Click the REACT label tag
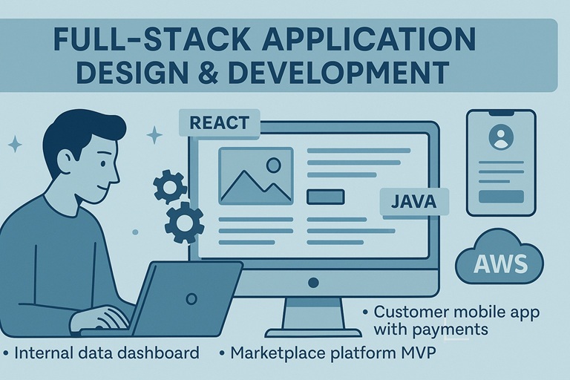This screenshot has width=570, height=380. [220, 123]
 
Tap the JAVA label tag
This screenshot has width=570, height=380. [414, 202]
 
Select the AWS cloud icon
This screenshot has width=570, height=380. [499, 256]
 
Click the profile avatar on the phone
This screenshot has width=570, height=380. [501, 137]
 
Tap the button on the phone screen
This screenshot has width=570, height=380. [501, 197]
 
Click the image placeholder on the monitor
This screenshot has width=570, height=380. [256, 176]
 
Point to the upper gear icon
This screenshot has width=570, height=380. [170, 186]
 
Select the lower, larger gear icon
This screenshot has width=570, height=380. [185, 223]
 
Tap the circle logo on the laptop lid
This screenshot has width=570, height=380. [191, 299]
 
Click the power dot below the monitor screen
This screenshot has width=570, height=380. [313, 283]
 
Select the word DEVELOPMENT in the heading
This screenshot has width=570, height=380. [339, 72]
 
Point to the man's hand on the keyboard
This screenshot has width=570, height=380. [98, 319]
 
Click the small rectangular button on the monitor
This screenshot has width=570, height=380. [325, 197]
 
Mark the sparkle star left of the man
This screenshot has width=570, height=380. [15, 145]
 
